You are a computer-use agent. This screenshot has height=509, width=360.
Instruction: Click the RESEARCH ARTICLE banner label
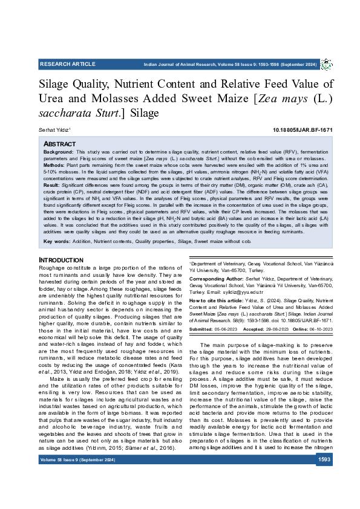pos(68,64)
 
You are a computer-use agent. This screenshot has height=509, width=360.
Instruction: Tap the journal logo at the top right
pos(326,64)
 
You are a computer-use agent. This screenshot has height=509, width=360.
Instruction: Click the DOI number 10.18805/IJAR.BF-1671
pos(303,130)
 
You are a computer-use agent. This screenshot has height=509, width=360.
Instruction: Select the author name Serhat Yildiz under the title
pos(54,130)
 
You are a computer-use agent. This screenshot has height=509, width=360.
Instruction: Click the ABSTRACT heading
pos(59,144)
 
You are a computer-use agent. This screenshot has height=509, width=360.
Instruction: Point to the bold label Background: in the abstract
pos(59,151)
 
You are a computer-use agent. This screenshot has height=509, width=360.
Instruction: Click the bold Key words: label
pos(57,242)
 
